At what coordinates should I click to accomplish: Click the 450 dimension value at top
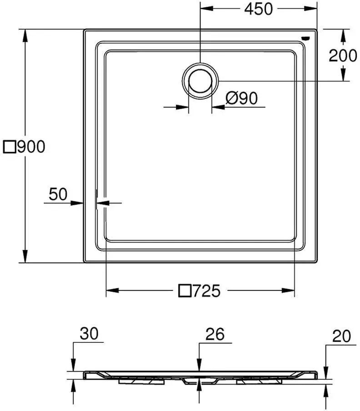pos(258,9)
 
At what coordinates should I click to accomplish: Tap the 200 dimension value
pos(343,55)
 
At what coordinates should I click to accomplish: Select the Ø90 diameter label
pos(241,98)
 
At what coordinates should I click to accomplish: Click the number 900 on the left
pos(31,147)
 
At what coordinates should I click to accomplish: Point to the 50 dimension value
pos(58,194)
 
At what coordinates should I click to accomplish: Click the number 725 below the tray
pos(206,291)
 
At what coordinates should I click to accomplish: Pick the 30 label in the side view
pos(89,333)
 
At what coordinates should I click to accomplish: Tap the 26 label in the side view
pos(215,334)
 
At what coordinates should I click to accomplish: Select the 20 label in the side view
pos(341,336)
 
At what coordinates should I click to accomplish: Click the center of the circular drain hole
pos(200,81)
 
